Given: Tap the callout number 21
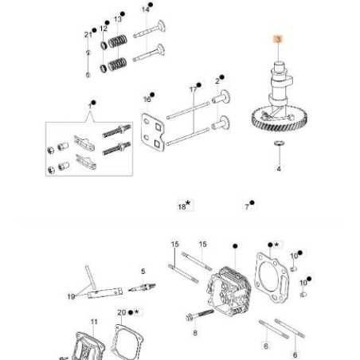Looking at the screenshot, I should (x=88, y=33).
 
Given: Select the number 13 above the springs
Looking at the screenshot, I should (x=118, y=18).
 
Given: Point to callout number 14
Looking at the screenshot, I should (x=145, y=9).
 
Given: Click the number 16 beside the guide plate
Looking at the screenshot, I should (x=147, y=100).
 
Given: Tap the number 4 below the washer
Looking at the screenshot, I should (x=279, y=170).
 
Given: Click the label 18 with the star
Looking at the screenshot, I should (x=182, y=205).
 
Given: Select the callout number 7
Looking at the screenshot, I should (x=247, y=205).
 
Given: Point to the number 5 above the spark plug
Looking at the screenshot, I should (x=143, y=271).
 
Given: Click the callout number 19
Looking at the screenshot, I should (x=71, y=296).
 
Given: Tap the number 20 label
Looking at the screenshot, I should (x=122, y=312).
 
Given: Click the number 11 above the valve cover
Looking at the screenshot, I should (x=93, y=321).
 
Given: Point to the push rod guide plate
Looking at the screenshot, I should (x=154, y=130).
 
